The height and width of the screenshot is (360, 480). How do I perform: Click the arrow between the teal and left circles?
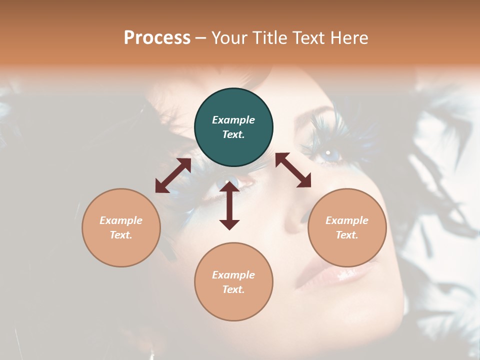click(x=173, y=175)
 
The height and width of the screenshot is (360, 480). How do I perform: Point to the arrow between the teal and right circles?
click(x=293, y=170)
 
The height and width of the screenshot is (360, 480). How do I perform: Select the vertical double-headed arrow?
click(x=229, y=205)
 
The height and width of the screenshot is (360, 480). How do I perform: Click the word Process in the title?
click(x=157, y=37)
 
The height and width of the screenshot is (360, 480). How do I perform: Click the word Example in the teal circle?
click(x=233, y=120)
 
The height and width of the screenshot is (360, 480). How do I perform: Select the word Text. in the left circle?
click(x=121, y=235)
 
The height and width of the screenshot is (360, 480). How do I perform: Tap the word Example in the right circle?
click(x=347, y=220)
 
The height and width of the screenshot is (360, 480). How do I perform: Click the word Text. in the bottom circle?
click(x=233, y=289)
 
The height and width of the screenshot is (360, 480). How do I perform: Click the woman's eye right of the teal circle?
click(x=328, y=152)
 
